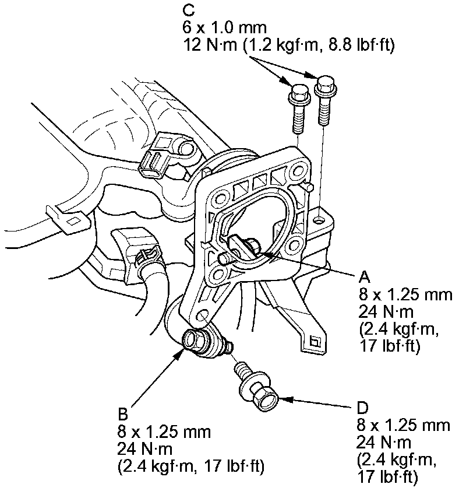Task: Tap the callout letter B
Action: (122, 415)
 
